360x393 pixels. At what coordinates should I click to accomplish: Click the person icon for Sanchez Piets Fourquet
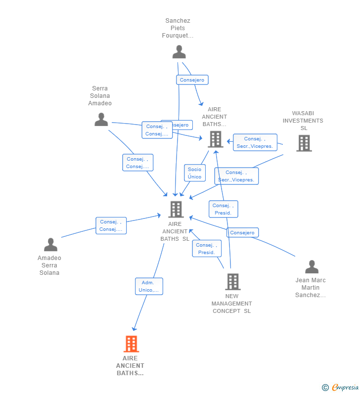pyautogui.click(x=179, y=52)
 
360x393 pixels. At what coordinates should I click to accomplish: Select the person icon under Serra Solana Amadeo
pyautogui.click(x=101, y=120)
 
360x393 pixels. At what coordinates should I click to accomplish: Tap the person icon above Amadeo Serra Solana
pyautogui.click(x=50, y=245)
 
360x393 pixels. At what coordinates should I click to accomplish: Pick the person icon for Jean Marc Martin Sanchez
pyautogui.click(x=312, y=267)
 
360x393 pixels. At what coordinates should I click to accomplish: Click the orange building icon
pyautogui.click(x=131, y=344)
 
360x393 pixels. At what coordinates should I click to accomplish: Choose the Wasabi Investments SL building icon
pyautogui.click(x=304, y=143)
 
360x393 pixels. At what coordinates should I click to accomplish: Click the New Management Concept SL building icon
pyautogui.click(x=232, y=282)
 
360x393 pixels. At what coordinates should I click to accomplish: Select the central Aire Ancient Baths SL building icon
pyautogui.click(x=176, y=210)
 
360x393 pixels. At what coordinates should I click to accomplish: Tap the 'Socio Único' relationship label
pyautogui.click(x=194, y=173)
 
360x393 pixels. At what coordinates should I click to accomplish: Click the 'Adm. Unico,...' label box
pyautogui.click(x=149, y=286)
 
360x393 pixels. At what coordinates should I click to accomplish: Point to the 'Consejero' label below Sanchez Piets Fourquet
pyautogui.click(x=192, y=80)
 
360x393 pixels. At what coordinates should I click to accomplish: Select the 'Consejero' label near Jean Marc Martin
pyautogui.click(x=242, y=232)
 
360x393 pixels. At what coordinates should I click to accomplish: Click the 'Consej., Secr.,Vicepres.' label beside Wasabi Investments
pyautogui.click(x=255, y=142)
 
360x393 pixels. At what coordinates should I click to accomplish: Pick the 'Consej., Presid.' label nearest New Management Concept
pyautogui.click(x=206, y=249)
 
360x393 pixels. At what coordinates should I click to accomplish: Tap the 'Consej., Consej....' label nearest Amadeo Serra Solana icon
pyautogui.click(x=111, y=225)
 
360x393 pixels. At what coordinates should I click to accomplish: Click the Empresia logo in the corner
pyautogui.click(x=345, y=388)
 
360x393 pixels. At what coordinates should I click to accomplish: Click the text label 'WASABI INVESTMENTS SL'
pyautogui.click(x=303, y=121)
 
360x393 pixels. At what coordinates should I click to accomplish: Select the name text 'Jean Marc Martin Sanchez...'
pyautogui.click(x=311, y=288)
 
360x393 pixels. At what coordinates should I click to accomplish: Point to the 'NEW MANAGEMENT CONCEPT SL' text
pyautogui.click(x=231, y=304)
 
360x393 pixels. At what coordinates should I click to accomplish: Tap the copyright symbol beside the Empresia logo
pyautogui.click(x=325, y=388)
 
